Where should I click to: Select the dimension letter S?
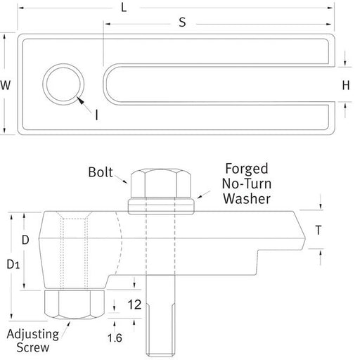tap(181, 22)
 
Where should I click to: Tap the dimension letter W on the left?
tap(6, 86)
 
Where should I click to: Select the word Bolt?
tap(103, 172)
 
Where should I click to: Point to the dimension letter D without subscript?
tap(25, 240)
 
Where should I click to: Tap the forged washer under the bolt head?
tap(160, 205)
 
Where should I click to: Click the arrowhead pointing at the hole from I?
tap(80, 103)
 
